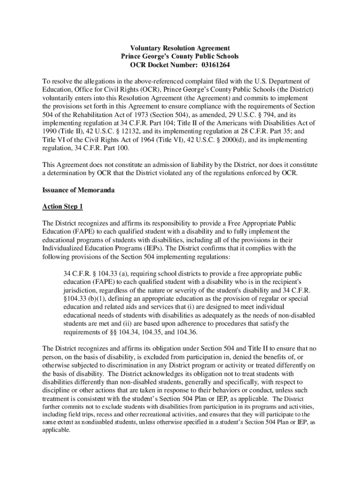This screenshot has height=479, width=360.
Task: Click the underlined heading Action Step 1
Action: tap(62, 207)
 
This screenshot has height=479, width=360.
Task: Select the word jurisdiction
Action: tap(83, 290)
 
